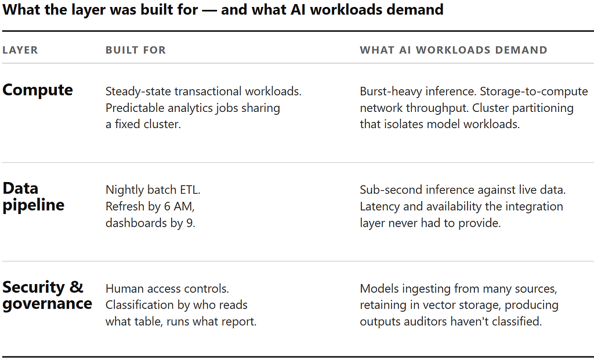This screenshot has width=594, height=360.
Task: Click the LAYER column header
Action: (20, 50)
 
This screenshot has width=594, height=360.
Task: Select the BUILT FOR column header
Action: (136, 50)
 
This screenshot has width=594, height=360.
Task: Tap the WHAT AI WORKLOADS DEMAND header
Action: (454, 50)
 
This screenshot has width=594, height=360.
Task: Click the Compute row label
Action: (38, 90)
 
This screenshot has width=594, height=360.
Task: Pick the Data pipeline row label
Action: (33, 197)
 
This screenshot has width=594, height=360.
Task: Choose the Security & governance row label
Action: (47, 295)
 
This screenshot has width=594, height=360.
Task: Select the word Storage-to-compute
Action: (534, 92)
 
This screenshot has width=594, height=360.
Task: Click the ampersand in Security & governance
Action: (76, 288)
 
